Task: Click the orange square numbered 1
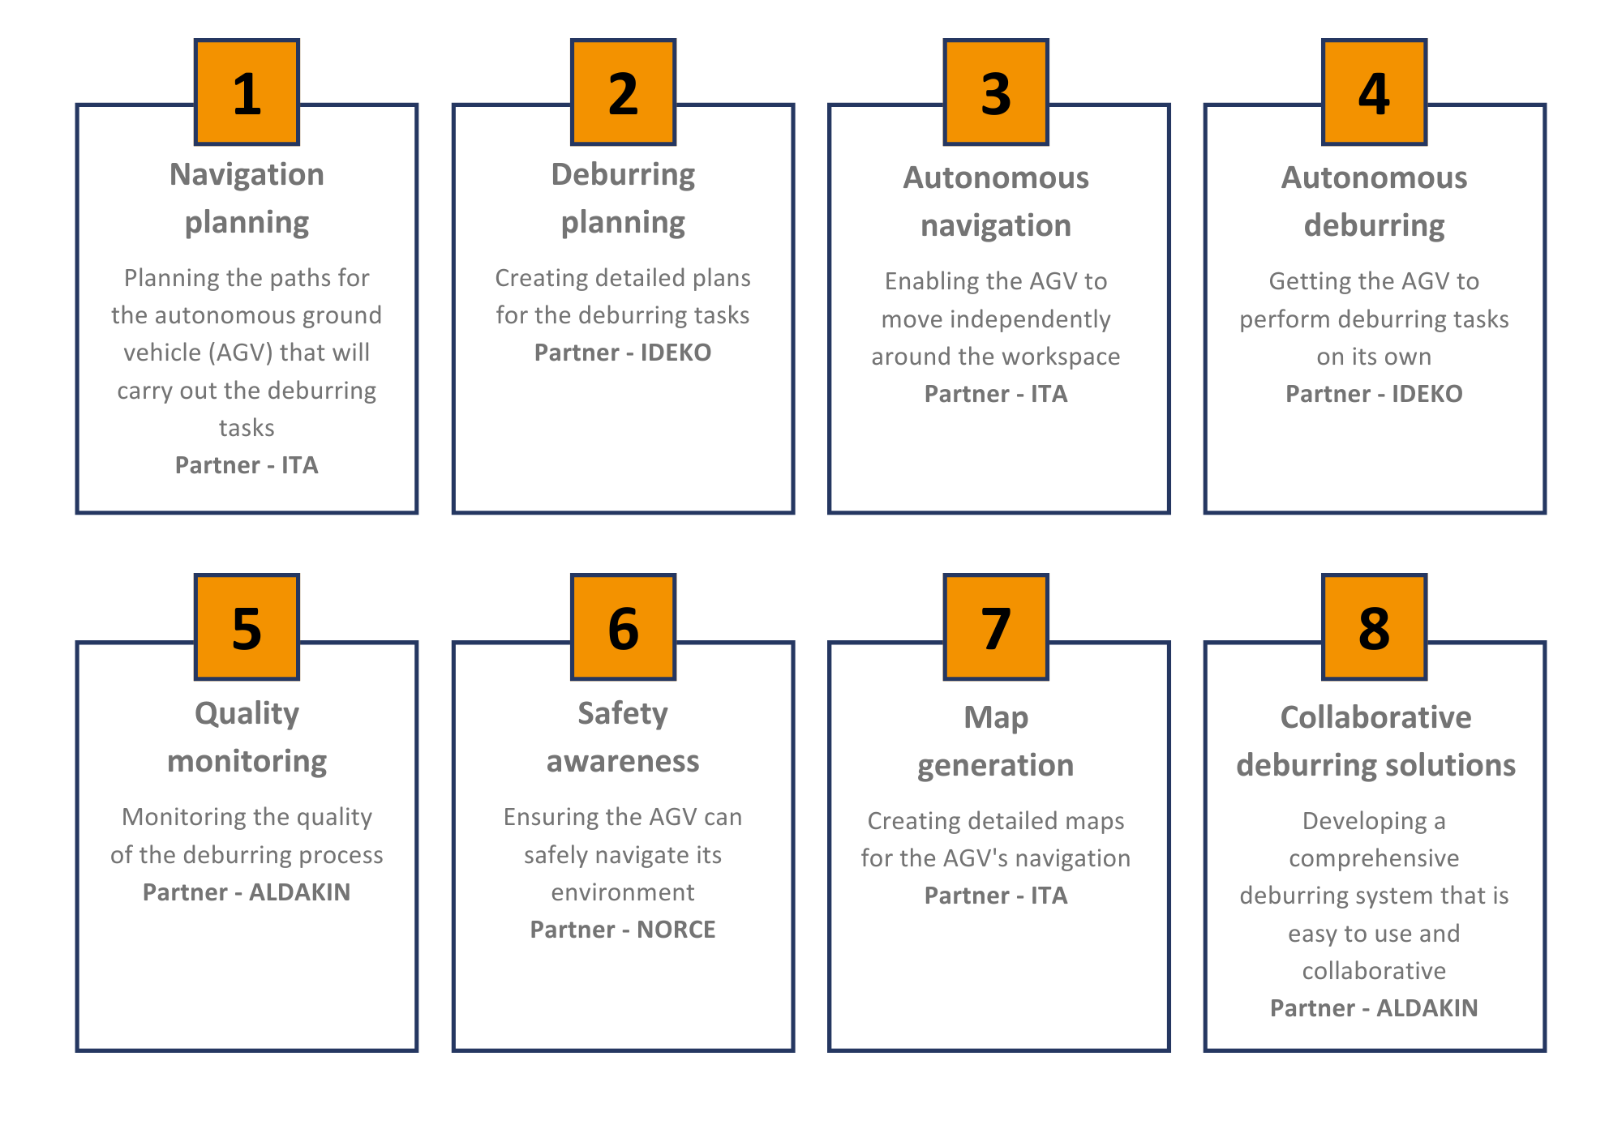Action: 247,92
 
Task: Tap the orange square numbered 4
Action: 1374,92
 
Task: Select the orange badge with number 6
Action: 623,626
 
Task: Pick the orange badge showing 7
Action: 996,626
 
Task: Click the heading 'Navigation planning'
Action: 247,199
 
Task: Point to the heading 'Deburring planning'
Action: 623,199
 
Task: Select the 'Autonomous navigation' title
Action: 996,202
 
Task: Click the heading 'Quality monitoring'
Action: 247,738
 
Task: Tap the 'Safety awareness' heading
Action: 623,738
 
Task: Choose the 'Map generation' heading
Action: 996,742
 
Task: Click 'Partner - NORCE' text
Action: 623,930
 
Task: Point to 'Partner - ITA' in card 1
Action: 247,465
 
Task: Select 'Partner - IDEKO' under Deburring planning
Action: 623,353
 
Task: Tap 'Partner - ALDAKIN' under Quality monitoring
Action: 247,892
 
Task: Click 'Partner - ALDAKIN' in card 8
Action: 1374,1008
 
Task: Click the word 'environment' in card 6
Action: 623,892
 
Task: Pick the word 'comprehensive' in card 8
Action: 1374,859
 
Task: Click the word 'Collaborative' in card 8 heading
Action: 1375,717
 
